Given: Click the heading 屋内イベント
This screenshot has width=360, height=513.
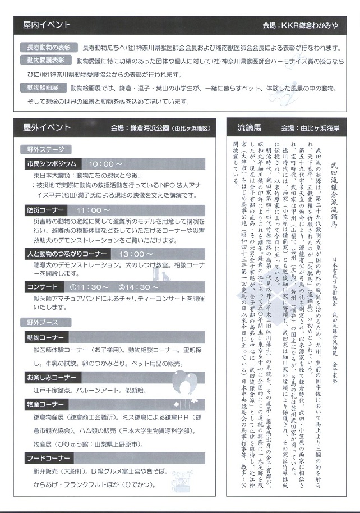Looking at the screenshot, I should pyautogui.click(x=47, y=25).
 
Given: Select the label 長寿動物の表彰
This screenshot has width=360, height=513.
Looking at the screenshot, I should pyautogui.click(x=49, y=48).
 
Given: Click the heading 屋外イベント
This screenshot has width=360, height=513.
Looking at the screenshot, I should pyautogui.click(x=47, y=127).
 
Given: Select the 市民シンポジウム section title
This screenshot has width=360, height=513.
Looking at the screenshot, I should pyautogui.click(x=51, y=164).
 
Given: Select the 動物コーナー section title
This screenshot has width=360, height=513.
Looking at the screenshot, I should pyautogui.click(x=45, y=337).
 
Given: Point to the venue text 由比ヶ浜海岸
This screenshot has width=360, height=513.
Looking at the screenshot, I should pyautogui.click(x=324, y=128).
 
